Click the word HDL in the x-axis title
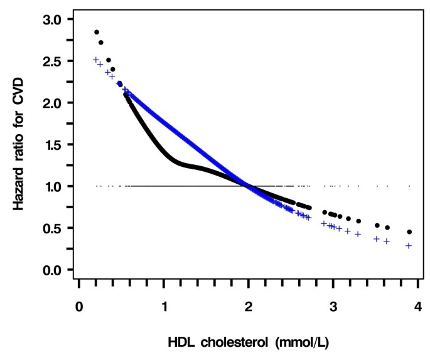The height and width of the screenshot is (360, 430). click(x=182, y=342)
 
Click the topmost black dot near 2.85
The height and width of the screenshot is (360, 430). click(x=97, y=32)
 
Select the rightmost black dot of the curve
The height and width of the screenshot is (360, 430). click(x=409, y=232)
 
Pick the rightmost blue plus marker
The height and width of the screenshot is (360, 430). click(x=409, y=246)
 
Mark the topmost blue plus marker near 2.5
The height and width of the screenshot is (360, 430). click(x=96, y=60)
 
